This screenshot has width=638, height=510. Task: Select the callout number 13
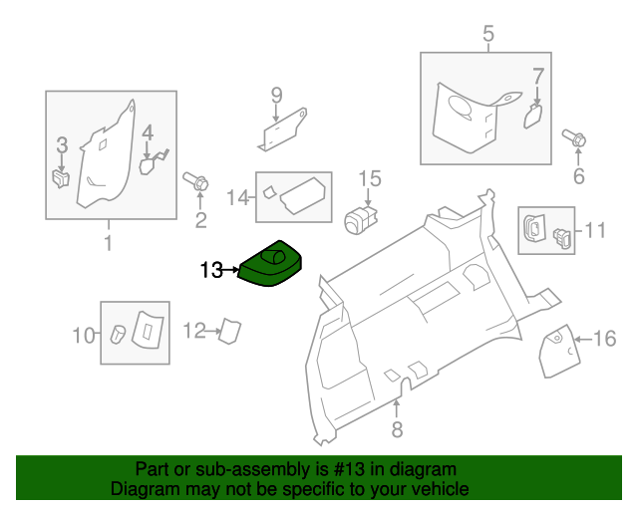click(x=211, y=269)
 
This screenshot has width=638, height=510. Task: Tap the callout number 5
click(x=488, y=35)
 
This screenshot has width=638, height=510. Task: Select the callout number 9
click(x=276, y=96)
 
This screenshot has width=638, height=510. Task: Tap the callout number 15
click(x=370, y=178)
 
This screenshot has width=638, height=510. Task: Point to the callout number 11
click(x=595, y=232)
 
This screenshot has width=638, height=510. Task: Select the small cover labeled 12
click(x=229, y=331)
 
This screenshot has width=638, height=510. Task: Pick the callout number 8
click(x=397, y=430)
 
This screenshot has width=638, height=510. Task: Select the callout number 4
click(x=147, y=132)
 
